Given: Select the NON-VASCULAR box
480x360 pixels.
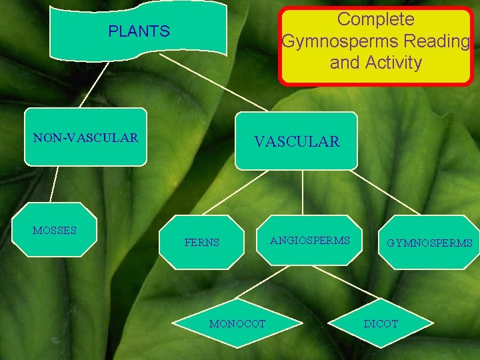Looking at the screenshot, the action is coord(85,137).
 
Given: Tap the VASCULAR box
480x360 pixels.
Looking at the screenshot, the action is coord(296,141).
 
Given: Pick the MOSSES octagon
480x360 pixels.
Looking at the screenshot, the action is coord(63,230).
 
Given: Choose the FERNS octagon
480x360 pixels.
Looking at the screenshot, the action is coord(201,242).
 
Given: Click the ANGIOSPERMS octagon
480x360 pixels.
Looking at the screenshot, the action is coord(309,240).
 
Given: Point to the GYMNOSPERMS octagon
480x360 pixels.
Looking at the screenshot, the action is coord(429,243).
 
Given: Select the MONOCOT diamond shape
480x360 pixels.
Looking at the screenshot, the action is coord(237,323).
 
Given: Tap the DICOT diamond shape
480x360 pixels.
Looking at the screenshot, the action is coord(381,323).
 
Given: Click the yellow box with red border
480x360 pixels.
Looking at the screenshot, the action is coord(376,45).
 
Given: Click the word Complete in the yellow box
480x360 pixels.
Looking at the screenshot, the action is coord(375,19).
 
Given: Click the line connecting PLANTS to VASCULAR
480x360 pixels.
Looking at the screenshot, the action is coord(213,83).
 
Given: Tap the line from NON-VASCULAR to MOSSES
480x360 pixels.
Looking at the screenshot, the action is coord(55,183).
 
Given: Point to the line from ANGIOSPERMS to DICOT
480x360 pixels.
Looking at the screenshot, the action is coord(353,283).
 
